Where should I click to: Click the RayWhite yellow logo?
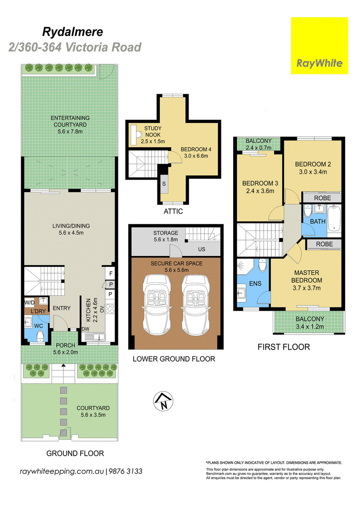pyautogui.click(x=319, y=45)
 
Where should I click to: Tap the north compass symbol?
pyautogui.click(x=163, y=401)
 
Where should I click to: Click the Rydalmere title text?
pyautogui.click(x=72, y=32)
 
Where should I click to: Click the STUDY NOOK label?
pyautogui.click(x=153, y=131)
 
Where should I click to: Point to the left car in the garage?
pyautogui.click(x=157, y=305)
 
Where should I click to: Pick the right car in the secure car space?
pyautogui.click(x=196, y=305)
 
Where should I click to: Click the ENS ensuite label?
pyautogui.click(x=255, y=284)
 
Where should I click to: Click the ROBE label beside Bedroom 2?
pyautogui.click(x=322, y=198)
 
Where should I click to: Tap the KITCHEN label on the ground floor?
pyautogui.click(x=89, y=310)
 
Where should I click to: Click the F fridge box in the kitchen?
pyautogui.click(x=111, y=273)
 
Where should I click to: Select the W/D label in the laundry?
pyautogui.click(x=30, y=302)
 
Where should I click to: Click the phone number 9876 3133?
pyautogui.click(x=125, y=471)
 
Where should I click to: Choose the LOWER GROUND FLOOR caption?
pyautogui.click(x=174, y=359)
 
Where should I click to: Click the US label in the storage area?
pyautogui.click(x=202, y=249)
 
